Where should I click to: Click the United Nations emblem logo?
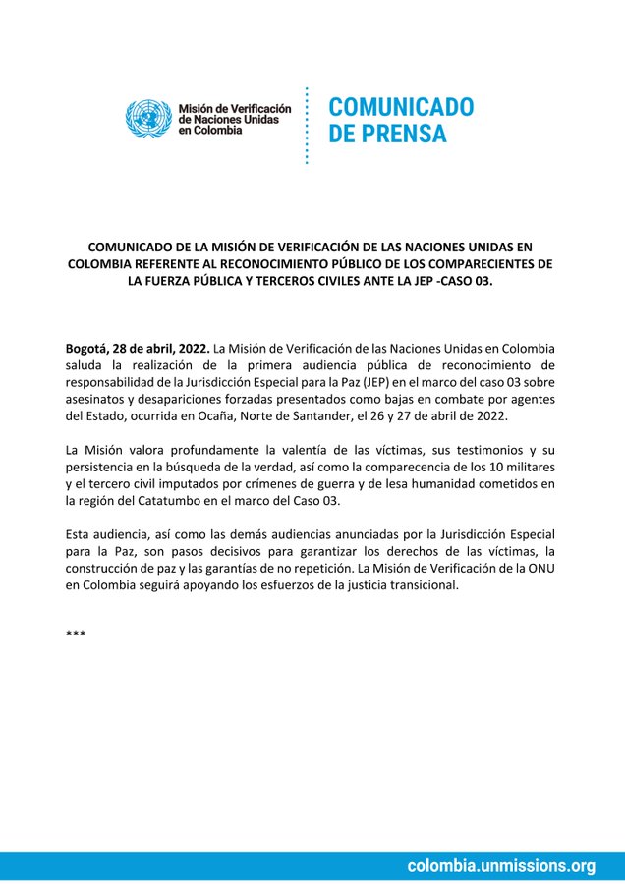[148, 119]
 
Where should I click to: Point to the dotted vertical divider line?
[308, 126]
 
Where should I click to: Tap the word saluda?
[87, 364]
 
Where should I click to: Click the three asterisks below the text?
[76, 635]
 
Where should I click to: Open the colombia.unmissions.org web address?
[501, 865]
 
